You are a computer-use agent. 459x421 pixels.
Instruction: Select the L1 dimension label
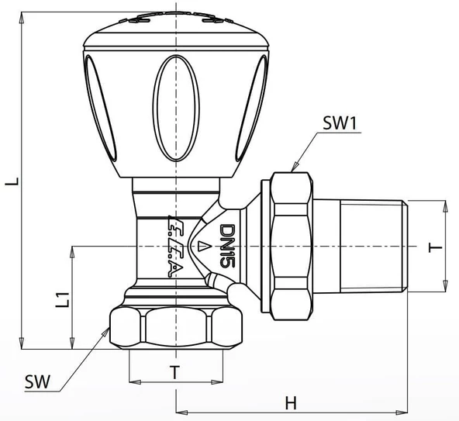(x=60, y=298)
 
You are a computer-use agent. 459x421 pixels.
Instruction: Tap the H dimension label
(x=290, y=402)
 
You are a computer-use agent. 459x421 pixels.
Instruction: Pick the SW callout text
(x=35, y=381)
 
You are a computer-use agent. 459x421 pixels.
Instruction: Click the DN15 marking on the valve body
(x=226, y=247)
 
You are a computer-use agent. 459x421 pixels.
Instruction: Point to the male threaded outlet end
(x=373, y=247)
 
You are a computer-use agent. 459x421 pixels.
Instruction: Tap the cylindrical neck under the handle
(x=176, y=193)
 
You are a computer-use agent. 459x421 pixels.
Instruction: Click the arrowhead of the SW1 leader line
(x=293, y=166)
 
